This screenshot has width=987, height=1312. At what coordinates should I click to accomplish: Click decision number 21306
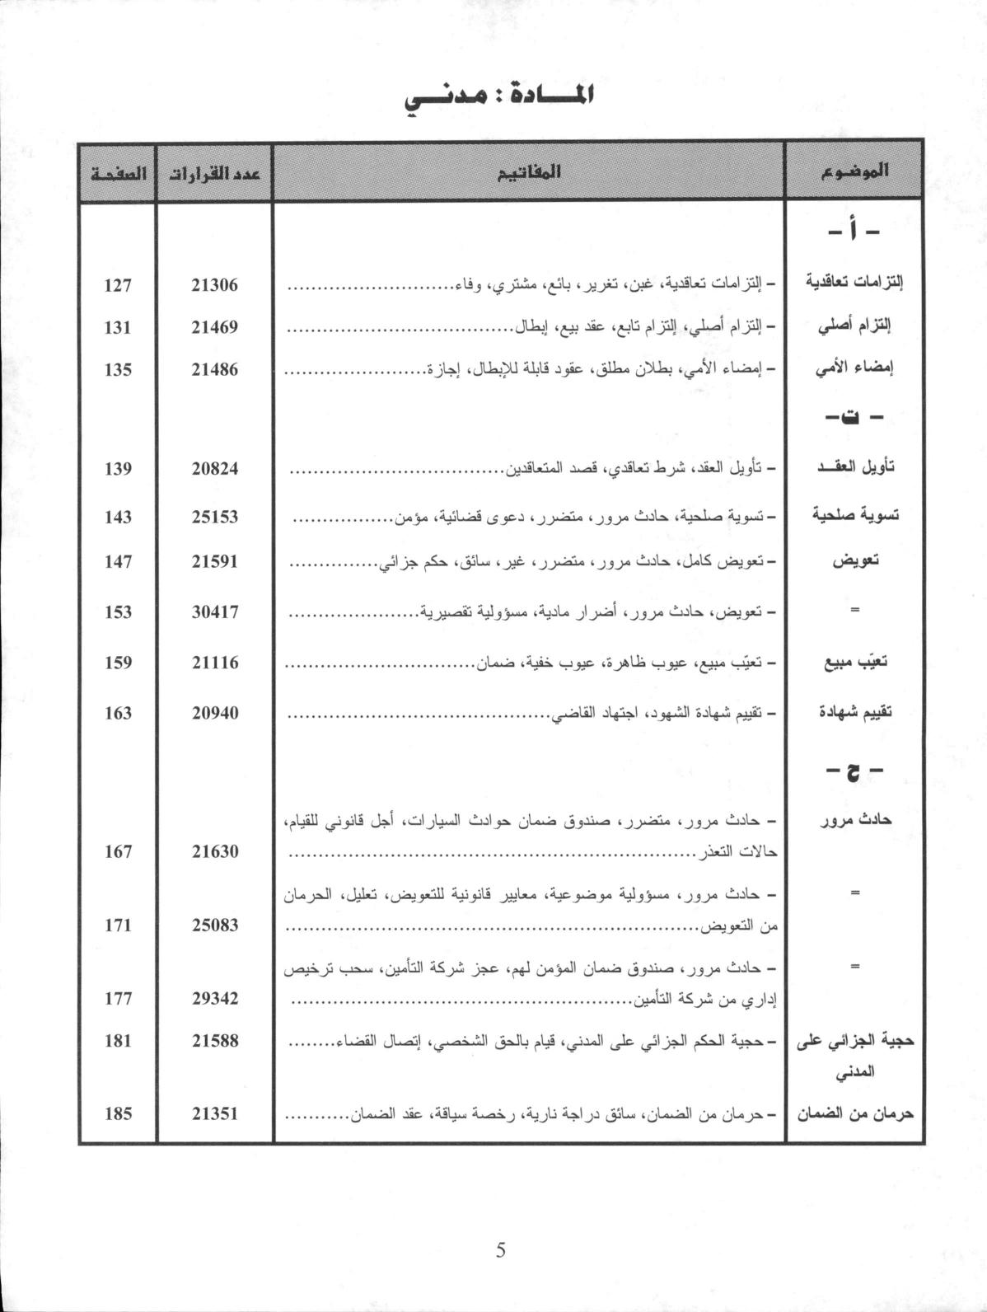click(214, 285)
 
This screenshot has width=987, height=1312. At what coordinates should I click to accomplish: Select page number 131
click(118, 327)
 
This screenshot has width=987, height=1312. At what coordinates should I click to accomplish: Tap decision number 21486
click(214, 369)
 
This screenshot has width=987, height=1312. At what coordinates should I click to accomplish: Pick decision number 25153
click(214, 517)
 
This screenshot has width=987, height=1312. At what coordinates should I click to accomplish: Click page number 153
click(118, 612)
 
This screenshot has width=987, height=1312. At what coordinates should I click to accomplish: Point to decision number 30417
click(214, 612)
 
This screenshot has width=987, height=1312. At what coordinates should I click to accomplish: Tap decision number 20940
click(214, 713)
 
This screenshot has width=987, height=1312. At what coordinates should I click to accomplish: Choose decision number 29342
click(214, 998)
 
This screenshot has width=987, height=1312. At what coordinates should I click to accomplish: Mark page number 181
click(118, 1040)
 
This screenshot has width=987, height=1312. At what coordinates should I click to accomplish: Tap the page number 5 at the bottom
click(501, 1250)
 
